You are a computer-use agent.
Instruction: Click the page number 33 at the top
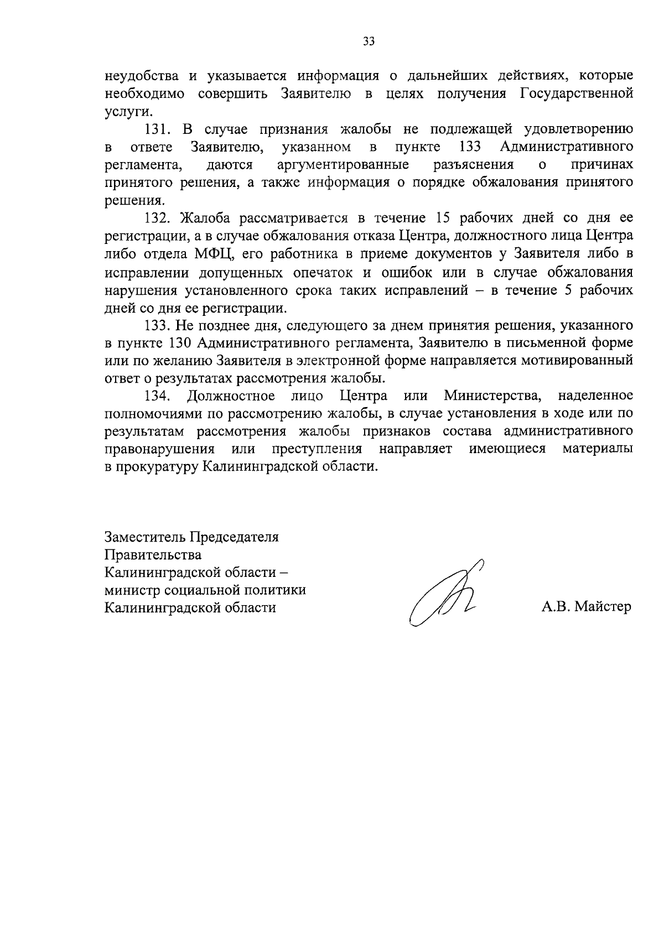click(369, 41)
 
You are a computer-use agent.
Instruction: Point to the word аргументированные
click(343, 165)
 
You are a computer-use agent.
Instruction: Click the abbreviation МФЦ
click(216, 254)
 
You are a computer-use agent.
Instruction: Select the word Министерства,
click(492, 396)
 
